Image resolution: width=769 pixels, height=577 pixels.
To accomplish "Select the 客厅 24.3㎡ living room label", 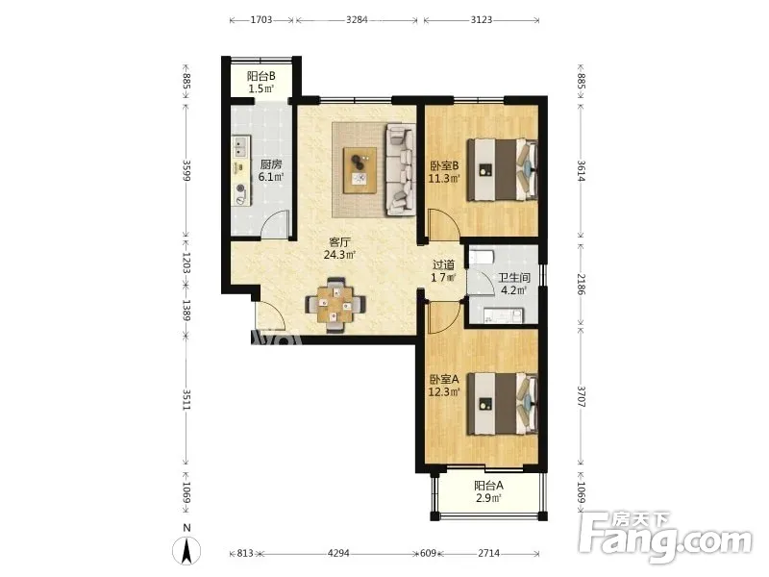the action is pos(339,248).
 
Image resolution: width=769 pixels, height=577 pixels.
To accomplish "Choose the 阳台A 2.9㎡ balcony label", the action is pos(488,492).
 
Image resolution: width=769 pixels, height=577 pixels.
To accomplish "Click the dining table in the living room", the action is pos(335,305).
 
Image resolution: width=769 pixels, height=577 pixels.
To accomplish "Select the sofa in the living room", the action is pos(400,170).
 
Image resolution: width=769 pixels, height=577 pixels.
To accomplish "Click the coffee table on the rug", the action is pos(360,170).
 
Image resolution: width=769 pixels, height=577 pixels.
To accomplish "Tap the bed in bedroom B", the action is pos(502,170).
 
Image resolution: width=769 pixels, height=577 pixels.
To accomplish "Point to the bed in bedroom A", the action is pos(502,404).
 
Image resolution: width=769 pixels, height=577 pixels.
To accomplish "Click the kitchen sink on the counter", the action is pos(240,145).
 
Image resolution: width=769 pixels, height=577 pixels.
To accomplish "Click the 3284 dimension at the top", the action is pos(357,20).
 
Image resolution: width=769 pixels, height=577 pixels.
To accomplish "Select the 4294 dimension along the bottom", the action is pos(338,554).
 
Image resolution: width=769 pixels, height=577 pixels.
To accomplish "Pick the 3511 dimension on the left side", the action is pos(186,400).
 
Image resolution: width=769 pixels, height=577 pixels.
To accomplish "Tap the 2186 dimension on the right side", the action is pos(581,284).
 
